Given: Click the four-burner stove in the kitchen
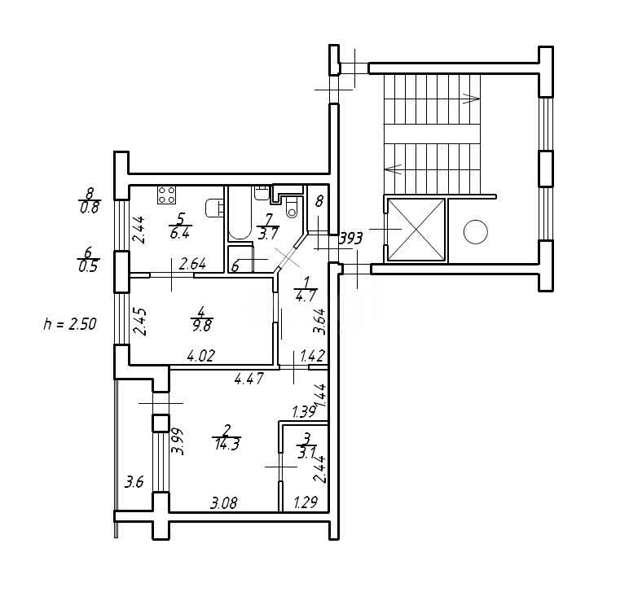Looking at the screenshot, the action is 166,195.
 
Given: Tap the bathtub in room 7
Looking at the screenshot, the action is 240,213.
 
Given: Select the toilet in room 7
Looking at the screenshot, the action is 292,208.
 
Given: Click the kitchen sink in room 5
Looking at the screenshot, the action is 214,208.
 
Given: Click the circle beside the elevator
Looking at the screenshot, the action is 475,231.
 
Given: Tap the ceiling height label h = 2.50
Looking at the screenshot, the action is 70,323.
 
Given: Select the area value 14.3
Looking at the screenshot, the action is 227,445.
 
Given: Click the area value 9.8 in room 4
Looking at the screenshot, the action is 202,326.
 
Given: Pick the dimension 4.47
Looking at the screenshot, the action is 249,379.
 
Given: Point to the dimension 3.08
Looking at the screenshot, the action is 224,502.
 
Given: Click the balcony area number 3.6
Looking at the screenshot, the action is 134,481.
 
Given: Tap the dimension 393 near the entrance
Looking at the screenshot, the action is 350,239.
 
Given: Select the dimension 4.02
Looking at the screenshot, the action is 201,355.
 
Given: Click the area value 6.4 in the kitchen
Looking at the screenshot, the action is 179,234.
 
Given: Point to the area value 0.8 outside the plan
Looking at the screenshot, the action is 90,208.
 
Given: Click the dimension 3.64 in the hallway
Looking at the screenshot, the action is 319,321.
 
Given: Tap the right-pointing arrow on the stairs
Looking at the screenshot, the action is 472,99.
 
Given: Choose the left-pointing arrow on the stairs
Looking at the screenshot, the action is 393,169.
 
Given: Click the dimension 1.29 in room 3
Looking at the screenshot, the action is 306,502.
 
